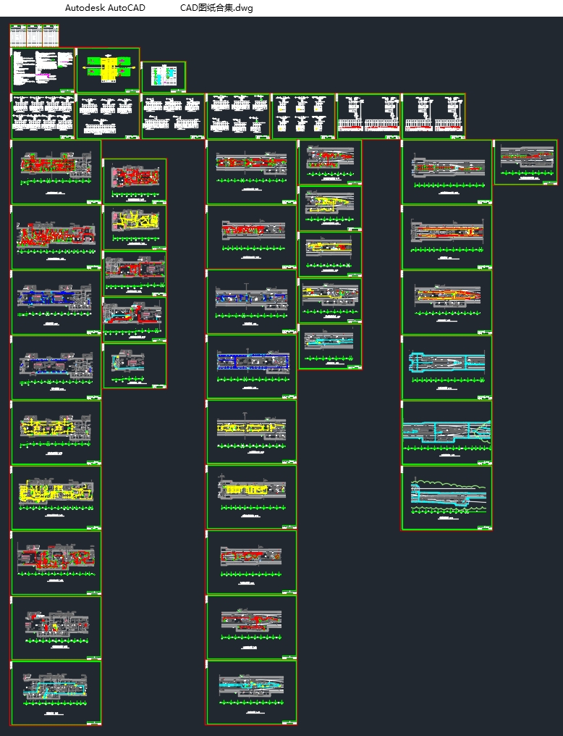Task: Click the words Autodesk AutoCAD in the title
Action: (105, 8)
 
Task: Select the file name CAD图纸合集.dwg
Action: (216, 8)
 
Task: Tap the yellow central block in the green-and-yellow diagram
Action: (109, 68)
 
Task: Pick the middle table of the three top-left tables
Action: (34, 35)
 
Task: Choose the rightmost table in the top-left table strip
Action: (51, 35)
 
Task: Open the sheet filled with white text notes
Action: (43, 70)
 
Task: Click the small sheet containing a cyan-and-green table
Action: (163, 76)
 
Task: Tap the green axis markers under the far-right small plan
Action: (526, 173)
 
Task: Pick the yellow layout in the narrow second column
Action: (134, 219)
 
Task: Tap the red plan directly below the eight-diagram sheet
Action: (55, 162)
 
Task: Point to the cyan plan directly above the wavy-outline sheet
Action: (446, 431)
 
